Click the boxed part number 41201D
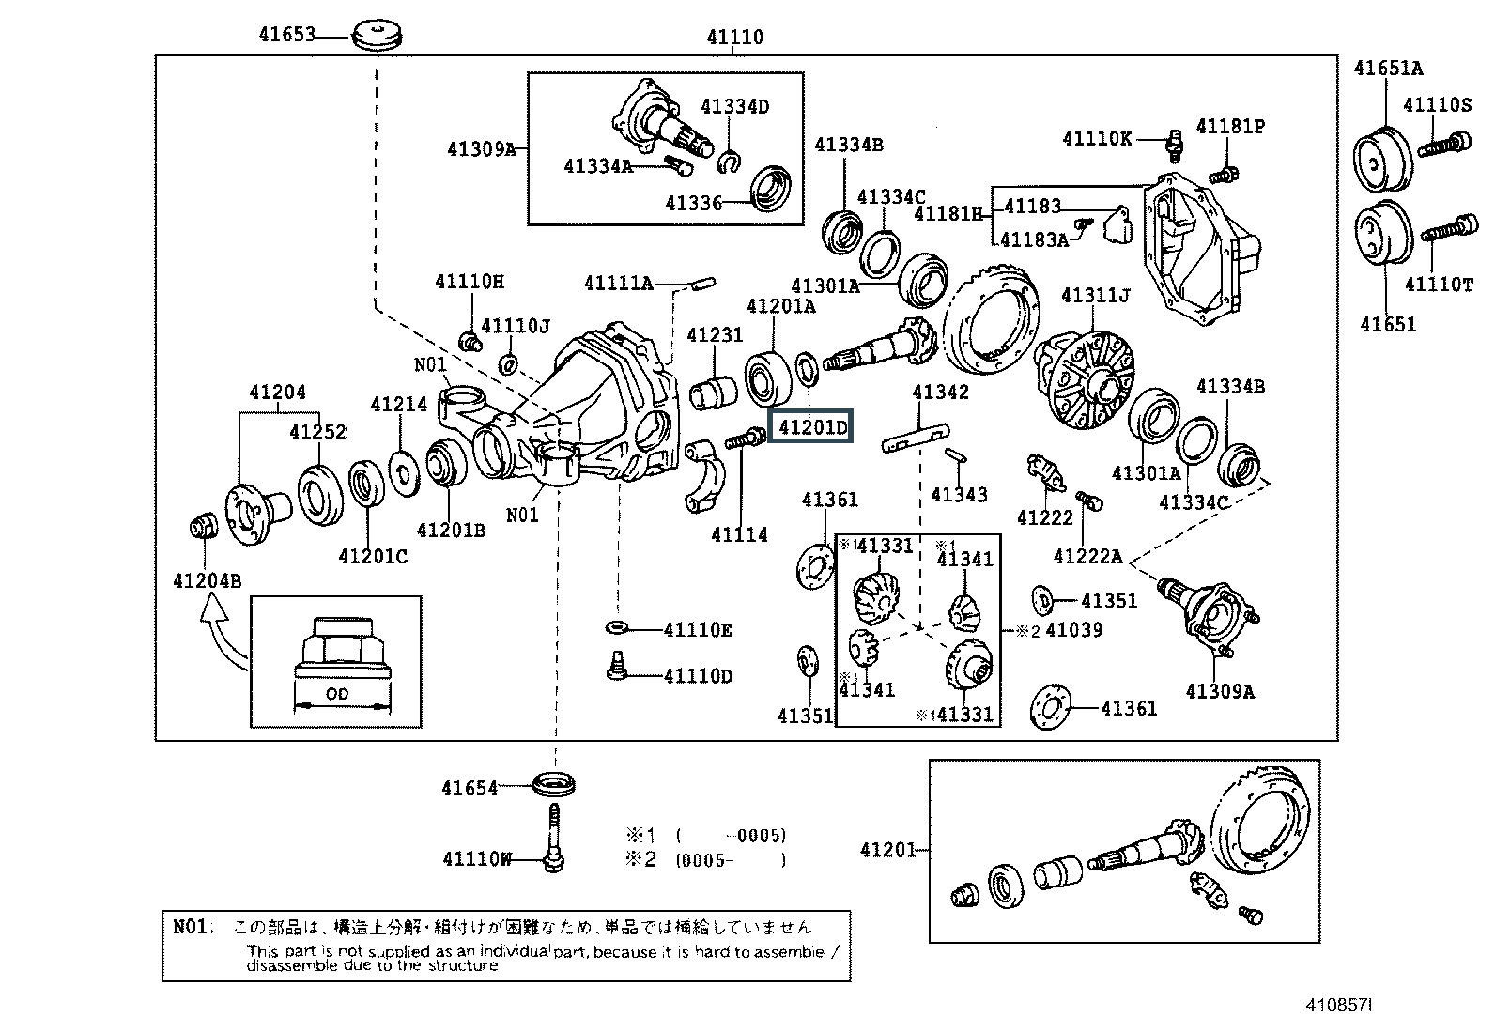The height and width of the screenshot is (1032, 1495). coord(811,428)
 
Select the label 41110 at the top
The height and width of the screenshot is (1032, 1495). coord(734,38)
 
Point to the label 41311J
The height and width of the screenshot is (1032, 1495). coord(1095,296)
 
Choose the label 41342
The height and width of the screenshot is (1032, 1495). coord(940,392)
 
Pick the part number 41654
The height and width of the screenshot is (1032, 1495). coord(470,788)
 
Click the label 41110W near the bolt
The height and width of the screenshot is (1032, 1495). coord(477,858)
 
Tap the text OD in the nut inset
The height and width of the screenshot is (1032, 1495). coord(336,694)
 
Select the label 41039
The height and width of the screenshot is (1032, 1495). coord(1073,630)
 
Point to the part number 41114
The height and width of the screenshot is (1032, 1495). coord(739,534)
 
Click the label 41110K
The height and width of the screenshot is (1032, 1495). coord(1097,139)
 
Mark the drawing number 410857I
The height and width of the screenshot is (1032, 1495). coord(1338,1005)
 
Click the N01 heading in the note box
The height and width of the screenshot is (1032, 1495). coord(190,926)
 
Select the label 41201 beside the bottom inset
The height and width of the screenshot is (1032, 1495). coord(887,850)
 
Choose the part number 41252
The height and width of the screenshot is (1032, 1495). coord(317,431)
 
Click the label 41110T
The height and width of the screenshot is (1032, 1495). coord(1439,284)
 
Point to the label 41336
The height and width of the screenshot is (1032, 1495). coord(694,203)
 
